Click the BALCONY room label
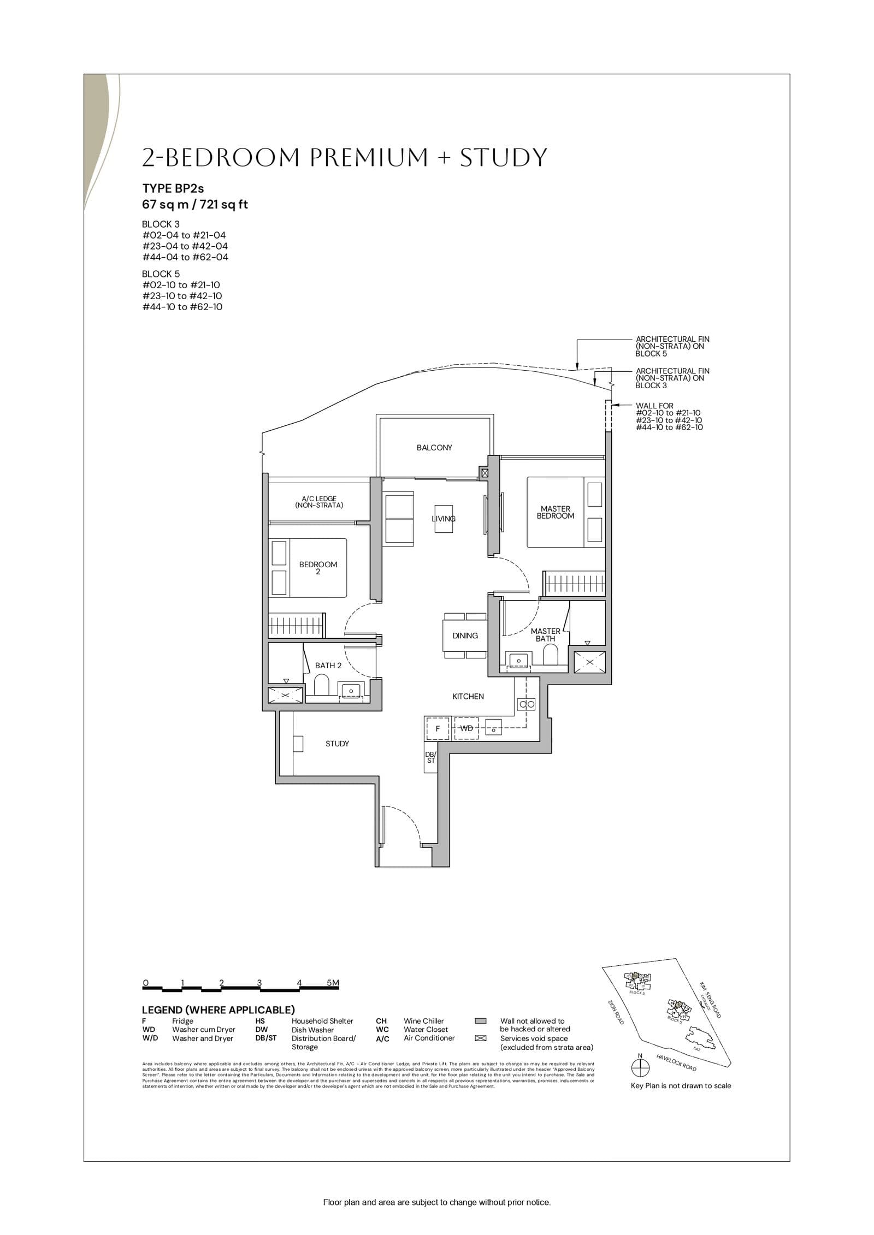point(434,448)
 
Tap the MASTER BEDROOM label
point(555,512)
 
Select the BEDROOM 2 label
point(318,568)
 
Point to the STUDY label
point(337,744)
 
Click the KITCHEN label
point(468,696)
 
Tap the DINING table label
point(465,636)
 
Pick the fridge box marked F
point(437,728)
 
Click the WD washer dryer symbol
point(466,728)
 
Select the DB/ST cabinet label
point(430,757)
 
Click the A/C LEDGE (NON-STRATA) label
point(319,502)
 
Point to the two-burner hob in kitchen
point(527,704)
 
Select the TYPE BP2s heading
point(173,188)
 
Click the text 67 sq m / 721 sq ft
point(195,205)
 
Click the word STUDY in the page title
point(503,158)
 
